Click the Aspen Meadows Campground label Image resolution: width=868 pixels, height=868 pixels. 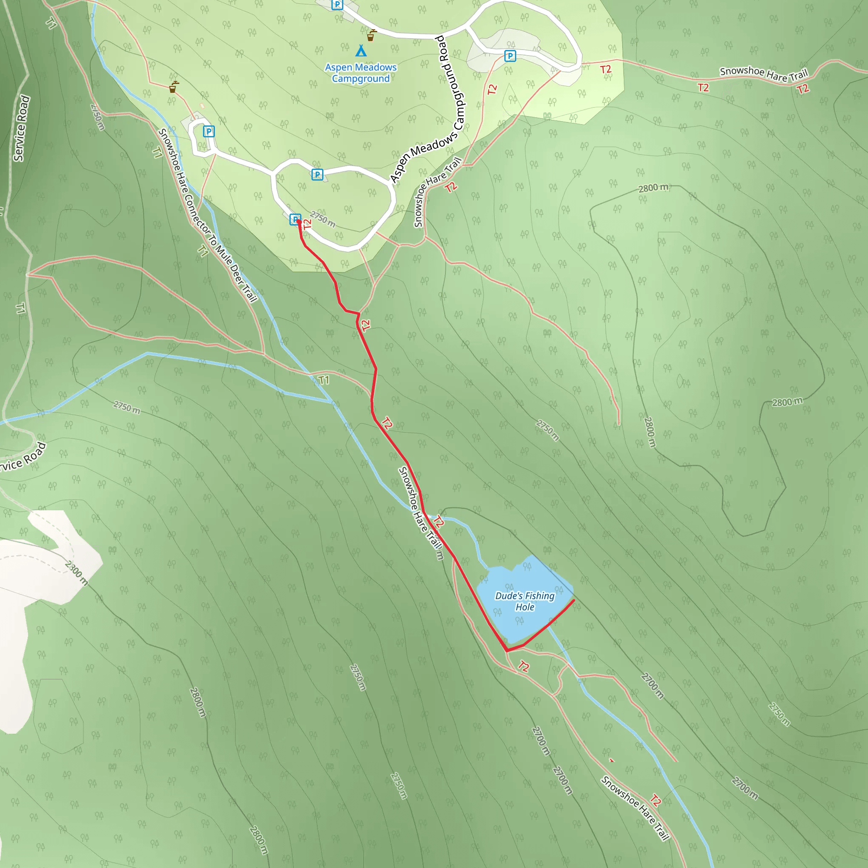[361, 73]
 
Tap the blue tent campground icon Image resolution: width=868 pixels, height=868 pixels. [361, 50]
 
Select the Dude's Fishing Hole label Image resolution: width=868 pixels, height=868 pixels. [525, 601]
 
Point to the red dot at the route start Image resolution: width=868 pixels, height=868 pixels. [299, 222]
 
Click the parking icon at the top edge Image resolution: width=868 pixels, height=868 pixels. [337, 5]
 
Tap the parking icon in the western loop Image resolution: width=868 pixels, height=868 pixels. [209, 131]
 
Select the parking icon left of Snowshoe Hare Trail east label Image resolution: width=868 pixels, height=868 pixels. [509, 56]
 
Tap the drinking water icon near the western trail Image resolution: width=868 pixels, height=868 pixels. [173, 87]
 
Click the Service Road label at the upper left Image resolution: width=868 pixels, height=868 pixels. [22, 128]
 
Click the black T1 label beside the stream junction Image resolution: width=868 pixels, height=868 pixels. [324, 380]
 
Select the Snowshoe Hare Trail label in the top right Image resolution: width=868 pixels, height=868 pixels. [764, 75]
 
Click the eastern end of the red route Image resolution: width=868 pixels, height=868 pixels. [574, 600]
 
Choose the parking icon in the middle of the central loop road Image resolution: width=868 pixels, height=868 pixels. [317, 174]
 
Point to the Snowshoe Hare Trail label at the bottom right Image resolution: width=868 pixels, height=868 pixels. [635, 808]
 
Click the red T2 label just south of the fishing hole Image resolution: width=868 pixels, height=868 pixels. [523, 666]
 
